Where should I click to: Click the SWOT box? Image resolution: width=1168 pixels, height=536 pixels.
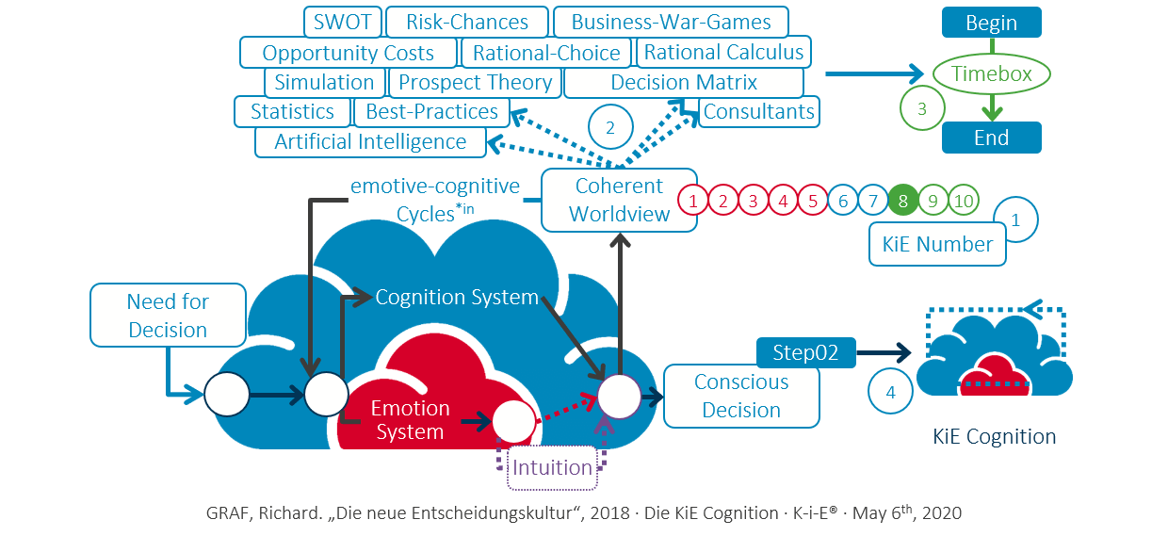pyautogui.click(x=342, y=22)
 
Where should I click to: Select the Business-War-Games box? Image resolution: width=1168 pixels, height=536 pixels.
pyautogui.click(x=671, y=22)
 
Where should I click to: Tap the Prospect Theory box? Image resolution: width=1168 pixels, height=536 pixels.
pyautogui.click(x=475, y=82)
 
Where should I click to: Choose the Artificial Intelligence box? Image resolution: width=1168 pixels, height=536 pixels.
pyautogui.click(x=370, y=142)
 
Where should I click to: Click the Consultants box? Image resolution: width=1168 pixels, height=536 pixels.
pyautogui.click(x=758, y=111)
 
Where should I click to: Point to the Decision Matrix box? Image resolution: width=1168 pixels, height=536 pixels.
pyautogui.click(x=684, y=82)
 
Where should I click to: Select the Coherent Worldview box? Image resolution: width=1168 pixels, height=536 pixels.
pyautogui.click(x=619, y=200)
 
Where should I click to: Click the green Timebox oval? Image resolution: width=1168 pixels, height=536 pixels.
pyautogui.click(x=991, y=73)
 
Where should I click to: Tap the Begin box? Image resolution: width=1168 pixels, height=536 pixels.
pyautogui.click(x=991, y=23)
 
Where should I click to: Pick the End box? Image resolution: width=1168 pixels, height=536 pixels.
pyautogui.click(x=991, y=138)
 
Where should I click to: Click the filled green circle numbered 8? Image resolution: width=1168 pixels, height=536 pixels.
pyautogui.click(x=903, y=200)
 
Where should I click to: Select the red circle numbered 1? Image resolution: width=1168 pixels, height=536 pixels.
pyautogui.click(x=693, y=200)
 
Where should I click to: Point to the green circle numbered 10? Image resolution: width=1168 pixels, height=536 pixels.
pyautogui.click(x=963, y=200)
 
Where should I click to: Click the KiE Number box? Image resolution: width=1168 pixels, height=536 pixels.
pyautogui.click(x=937, y=245)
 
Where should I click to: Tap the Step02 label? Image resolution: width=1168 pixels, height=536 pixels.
pyautogui.click(x=805, y=353)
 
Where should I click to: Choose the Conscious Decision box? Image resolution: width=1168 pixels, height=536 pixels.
pyautogui.click(x=741, y=396)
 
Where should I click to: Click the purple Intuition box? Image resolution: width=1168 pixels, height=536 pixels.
pyautogui.click(x=552, y=467)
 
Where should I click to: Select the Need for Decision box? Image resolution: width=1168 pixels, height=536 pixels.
pyautogui.click(x=168, y=316)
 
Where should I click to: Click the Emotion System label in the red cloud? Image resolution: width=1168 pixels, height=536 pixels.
pyautogui.click(x=410, y=420)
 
